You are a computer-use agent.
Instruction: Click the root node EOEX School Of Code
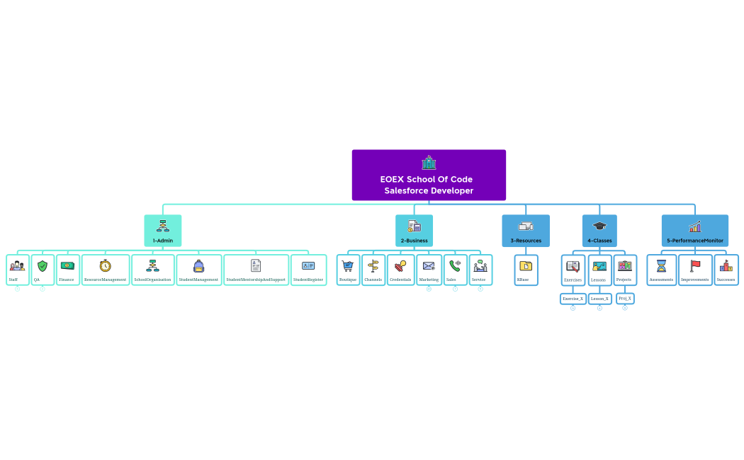click(429, 176)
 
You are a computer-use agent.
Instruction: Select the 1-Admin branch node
click(163, 231)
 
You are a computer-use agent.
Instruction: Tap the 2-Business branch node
click(414, 231)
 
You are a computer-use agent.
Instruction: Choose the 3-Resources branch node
click(526, 231)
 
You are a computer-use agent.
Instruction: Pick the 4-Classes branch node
click(599, 231)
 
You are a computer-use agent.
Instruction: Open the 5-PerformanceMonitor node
click(694, 231)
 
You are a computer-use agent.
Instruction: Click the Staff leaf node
click(18, 270)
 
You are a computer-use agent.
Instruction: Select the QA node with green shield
click(43, 270)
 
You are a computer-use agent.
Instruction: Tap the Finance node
click(67, 270)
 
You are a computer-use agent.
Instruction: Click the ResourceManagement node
click(106, 270)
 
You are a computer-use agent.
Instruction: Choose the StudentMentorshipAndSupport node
click(256, 270)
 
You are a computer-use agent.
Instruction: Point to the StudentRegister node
click(308, 270)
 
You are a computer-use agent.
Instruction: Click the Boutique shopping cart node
click(348, 270)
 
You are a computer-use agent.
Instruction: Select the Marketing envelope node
click(429, 270)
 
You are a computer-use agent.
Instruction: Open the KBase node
click(526, 270)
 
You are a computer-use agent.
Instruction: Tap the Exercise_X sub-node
click(573, 299)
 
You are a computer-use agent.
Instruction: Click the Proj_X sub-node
click(624, 299)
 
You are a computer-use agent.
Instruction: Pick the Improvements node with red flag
click(694, 270)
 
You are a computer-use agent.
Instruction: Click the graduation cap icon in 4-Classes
click(599, 226)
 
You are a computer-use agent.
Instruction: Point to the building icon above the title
click(429, 163)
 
